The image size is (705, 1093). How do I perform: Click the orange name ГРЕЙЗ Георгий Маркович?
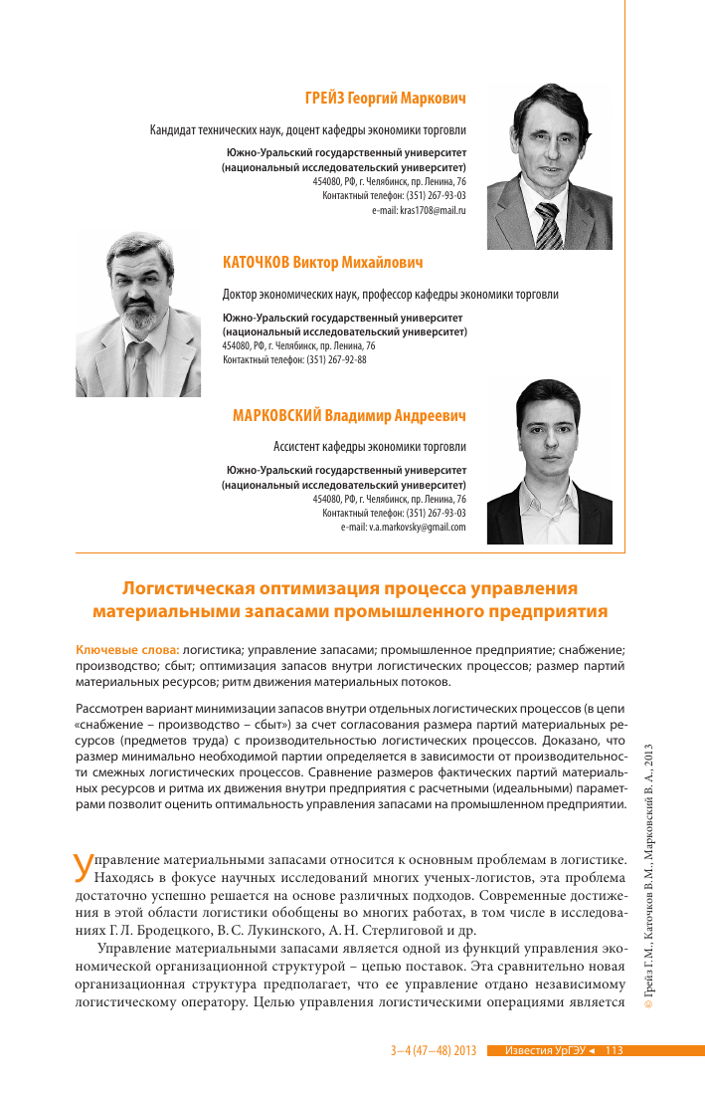[x=385, y=99]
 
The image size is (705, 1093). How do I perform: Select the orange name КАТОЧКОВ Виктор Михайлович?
[x=323, y=263]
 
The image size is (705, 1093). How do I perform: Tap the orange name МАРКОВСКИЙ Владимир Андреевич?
[x=349, y=415]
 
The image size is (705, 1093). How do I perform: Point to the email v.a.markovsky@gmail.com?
[x=403, y=527]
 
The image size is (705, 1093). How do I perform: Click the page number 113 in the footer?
[x=613, y=1050]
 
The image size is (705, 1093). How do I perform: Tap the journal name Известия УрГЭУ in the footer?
[x=543, y=1050]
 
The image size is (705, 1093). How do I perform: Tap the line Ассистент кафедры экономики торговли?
[x=369, y=447]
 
